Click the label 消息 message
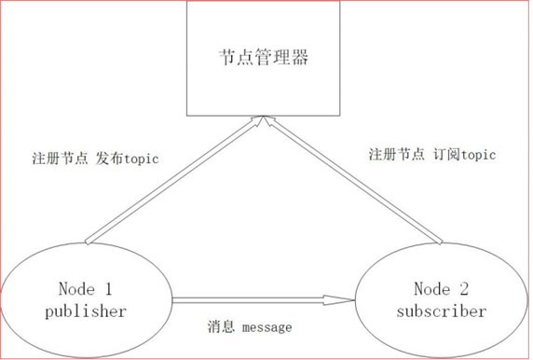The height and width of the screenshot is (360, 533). pos(249,328)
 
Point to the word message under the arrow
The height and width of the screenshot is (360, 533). pos(266,328)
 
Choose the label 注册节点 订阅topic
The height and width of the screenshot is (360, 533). pos(431,154)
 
